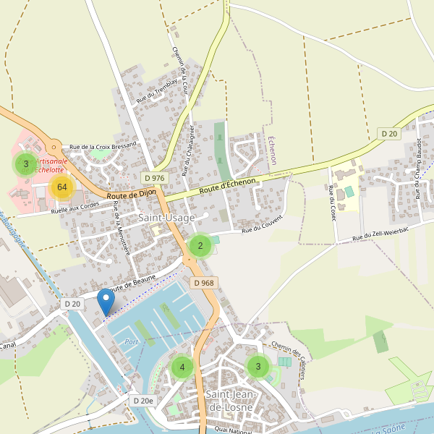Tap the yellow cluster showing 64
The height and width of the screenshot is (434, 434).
click(x=62, y=187)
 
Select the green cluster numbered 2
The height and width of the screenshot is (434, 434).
click(x=200, y=246)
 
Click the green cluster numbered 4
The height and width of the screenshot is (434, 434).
click(x=182, y=367)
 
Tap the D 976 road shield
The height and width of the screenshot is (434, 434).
click(x=154, y=178)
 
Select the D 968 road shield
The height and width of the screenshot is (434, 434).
click(x=204, y=283)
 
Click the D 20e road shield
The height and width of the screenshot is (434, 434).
click(x=143, y=400)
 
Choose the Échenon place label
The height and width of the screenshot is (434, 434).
click(x=272, y=150)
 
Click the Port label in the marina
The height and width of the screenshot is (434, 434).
click(x=131, y=341)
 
